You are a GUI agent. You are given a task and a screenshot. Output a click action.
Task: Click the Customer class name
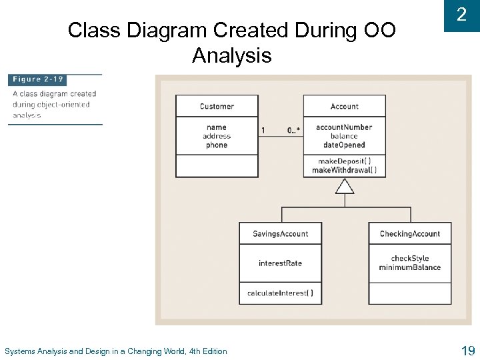coord(217,106)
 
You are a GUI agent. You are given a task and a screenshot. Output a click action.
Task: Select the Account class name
coord(344,106)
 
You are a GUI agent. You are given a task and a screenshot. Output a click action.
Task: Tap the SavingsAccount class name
coord(280,234)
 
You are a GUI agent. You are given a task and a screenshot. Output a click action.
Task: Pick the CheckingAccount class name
coord(409,234)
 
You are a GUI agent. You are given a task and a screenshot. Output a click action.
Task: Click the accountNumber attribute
coord(344,127)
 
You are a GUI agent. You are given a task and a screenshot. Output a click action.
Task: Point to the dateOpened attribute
coord(344,145)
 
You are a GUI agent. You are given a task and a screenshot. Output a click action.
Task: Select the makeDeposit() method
coord(344,161)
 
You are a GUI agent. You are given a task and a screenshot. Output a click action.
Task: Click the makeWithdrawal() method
coord(344,170)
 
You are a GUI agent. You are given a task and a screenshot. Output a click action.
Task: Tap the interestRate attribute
coord(280,263)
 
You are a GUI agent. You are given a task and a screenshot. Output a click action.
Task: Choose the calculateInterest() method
coord(280,293)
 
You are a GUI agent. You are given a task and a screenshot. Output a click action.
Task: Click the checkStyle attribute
coord(409,259)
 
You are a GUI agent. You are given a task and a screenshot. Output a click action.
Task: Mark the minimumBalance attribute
coord(409,267)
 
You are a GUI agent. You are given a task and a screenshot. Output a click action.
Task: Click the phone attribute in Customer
coord(217,145)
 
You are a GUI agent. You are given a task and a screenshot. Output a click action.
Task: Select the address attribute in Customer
coord(217,136)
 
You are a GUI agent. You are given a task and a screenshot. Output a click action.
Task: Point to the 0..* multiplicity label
coord(293,131)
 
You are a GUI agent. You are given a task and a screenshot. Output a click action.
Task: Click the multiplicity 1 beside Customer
coord(263,131)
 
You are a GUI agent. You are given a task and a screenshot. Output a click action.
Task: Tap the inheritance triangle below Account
coord(344,186)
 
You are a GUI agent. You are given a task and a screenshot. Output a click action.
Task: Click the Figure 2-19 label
coord(38,79)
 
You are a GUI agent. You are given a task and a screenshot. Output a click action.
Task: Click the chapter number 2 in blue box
coord(461,15)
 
